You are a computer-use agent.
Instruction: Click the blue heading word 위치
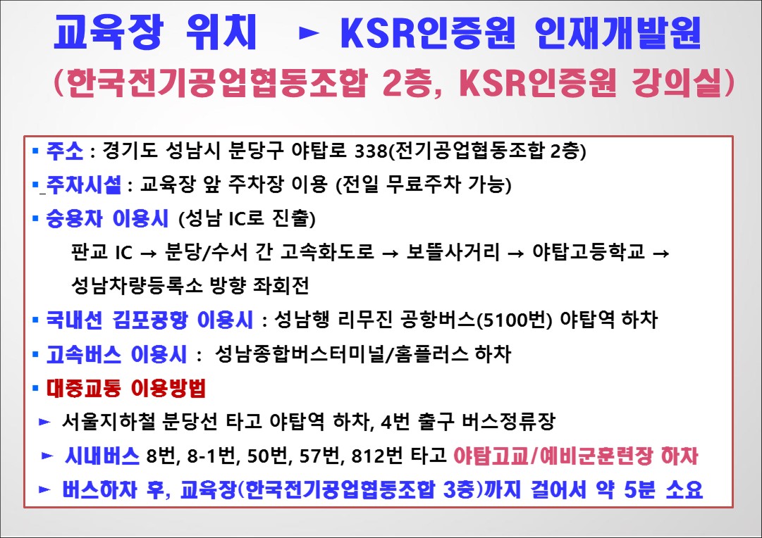click(x=221, y=32)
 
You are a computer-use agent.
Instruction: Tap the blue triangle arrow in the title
click(x=309, y=33)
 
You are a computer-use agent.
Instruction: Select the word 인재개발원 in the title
click(x=617, y=32)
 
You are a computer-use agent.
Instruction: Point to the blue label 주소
click(x=65, y=151)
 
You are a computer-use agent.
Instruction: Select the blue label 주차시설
click(x=84, y=184)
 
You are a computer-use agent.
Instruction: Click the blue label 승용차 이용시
click(x=107, y=218)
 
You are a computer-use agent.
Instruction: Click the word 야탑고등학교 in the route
click(x=589, y=251)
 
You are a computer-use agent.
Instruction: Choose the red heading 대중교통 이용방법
click(x=126, y=388)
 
